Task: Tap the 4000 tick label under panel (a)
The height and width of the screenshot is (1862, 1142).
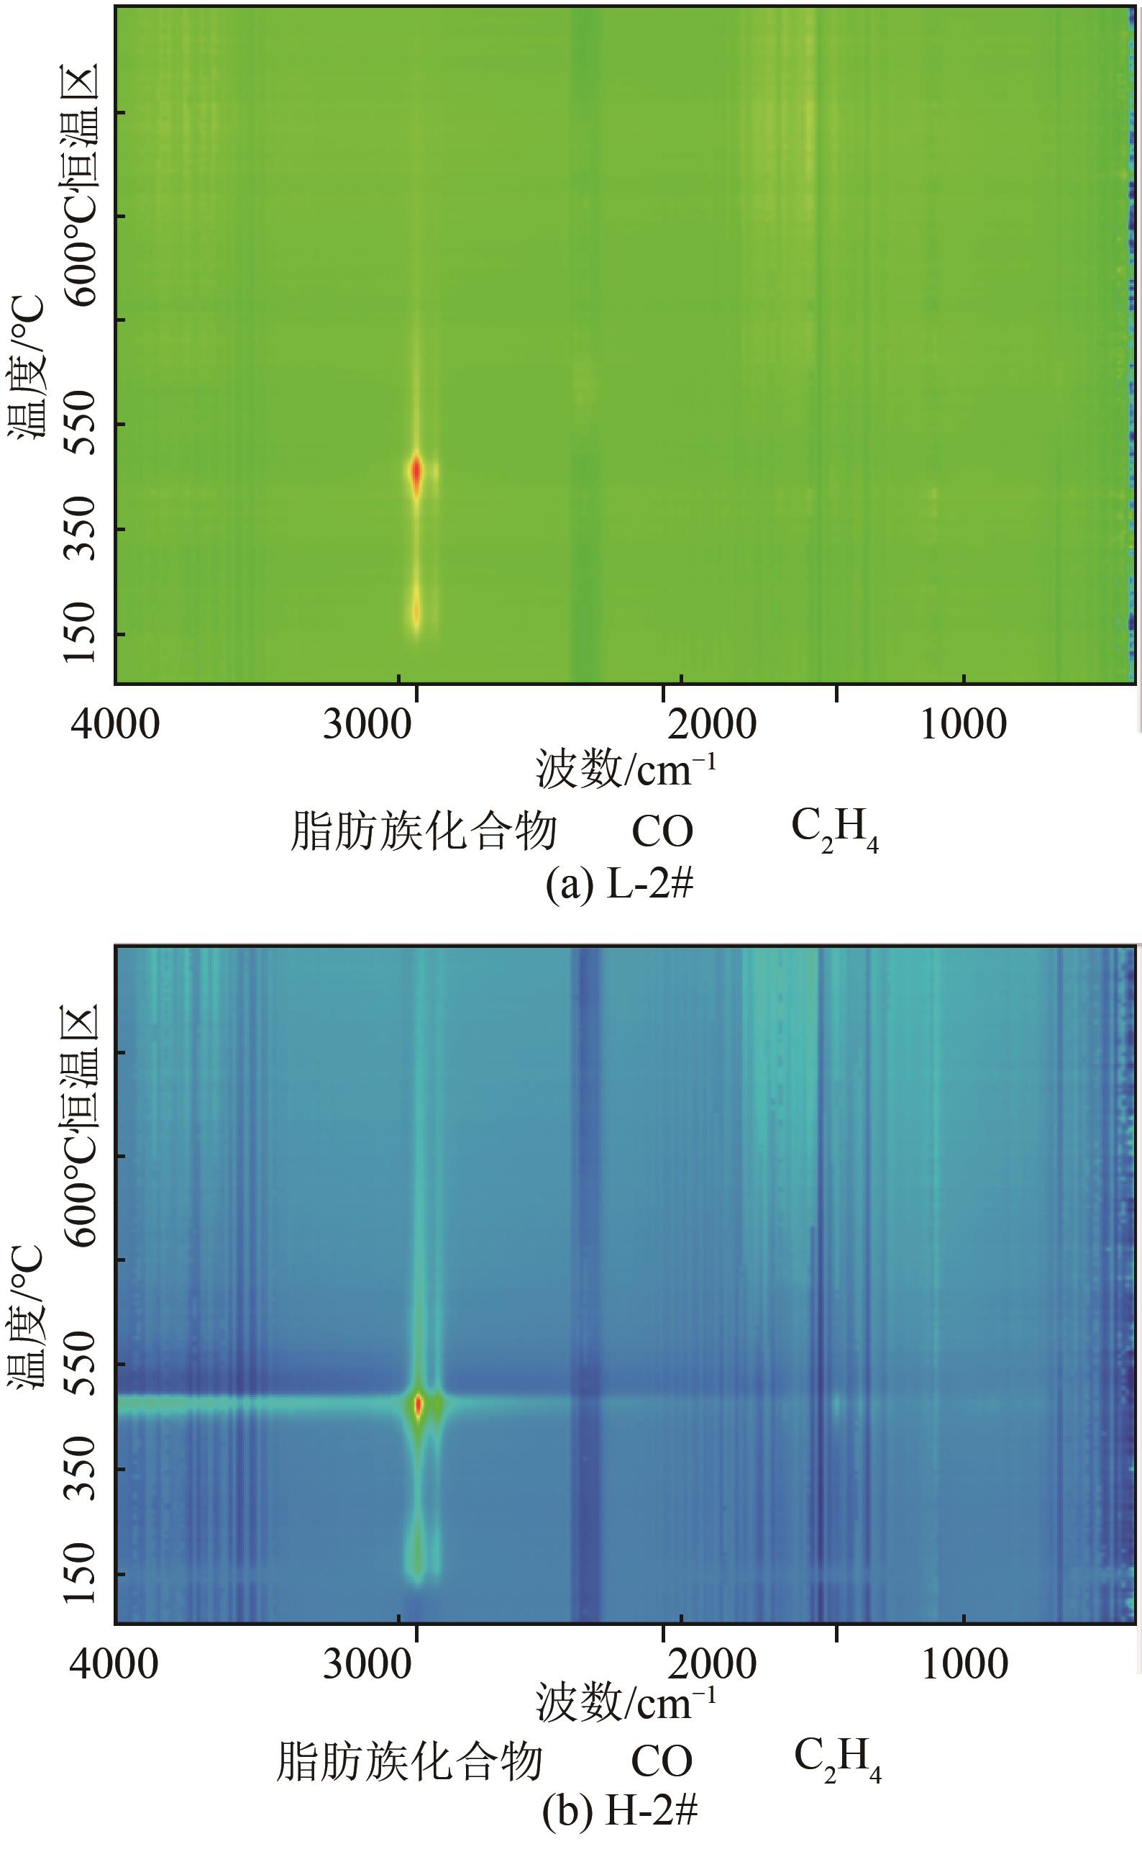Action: coord(115,724)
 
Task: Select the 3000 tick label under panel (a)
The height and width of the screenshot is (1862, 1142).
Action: coord(367,724)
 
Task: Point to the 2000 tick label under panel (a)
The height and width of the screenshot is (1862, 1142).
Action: coord(711,724)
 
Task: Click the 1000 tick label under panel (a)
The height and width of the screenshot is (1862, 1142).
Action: coord(964,724)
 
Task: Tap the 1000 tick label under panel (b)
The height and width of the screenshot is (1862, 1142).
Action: coord(964,1664)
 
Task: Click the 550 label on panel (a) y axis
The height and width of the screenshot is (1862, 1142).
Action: coord(78,423)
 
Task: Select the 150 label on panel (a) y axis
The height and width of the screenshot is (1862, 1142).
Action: coord(78,633)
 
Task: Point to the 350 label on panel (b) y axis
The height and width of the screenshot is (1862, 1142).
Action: coord(78,1469)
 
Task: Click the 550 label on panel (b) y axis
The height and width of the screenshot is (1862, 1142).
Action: coord(78,1364)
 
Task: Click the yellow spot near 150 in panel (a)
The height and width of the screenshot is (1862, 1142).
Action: coord(416,610)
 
